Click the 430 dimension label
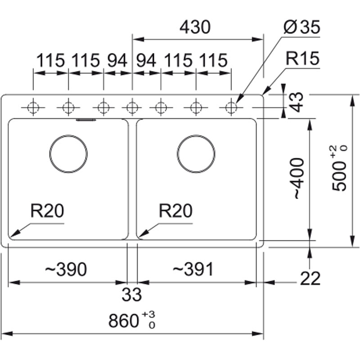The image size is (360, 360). tap(194, 28)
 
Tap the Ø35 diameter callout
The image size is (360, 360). tap(301, 28)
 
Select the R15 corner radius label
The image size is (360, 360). tap(302, 59)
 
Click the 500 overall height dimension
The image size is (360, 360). tap(341, 169)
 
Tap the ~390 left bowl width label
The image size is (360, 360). tap(65, 270)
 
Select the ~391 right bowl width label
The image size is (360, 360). tap(193, 270)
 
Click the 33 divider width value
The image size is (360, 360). tap(132, 295)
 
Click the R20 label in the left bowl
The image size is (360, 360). tap(48, 211)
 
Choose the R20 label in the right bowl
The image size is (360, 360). tap(175, 211)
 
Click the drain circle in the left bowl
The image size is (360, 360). tap(68, 153)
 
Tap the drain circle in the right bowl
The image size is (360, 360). tap(196, 153)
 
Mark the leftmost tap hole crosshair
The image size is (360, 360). tap(33, 108)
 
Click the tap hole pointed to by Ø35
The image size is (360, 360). tap(231, 108)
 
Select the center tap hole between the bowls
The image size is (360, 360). tap(132, 108)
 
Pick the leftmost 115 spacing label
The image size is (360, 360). tap(50, 60)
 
